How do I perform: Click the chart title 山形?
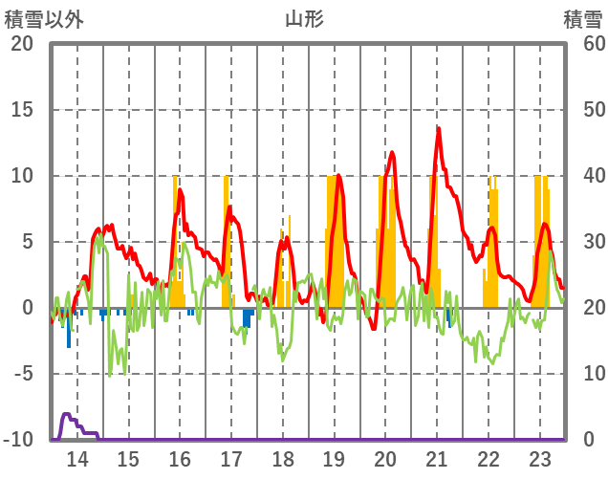click(x=304, y=18)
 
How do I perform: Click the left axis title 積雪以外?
click(x=43, y=18)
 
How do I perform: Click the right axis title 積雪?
click(x=582, y=18)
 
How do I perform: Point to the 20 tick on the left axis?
click(x=21, y=44)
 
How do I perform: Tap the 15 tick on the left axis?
click(x=21, y=110)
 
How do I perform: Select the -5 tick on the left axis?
click(x=21, y=374)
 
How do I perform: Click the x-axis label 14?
click(x=76, y=458)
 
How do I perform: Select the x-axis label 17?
click(x=231, y=458)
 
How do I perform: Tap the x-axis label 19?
click(x=334, y=458)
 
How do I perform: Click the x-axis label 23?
click(x=540, y=458)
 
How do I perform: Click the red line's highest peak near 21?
click(x=439, y=128)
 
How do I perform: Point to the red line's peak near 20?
click(x=392, y=152)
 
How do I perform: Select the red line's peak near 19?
click(x=338, y=175)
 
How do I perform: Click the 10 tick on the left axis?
click(x=21, y=176)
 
